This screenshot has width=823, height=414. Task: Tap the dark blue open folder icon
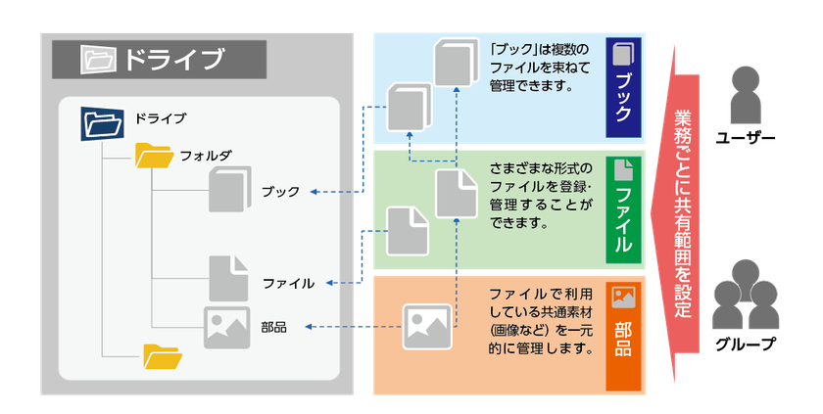(x=102, y=122)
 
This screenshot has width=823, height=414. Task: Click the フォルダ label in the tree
(x=206, y=156)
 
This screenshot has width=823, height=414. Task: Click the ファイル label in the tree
(x=288, y=283)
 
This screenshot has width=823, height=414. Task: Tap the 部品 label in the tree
(x=273, y=327)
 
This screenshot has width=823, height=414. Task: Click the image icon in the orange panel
(x=428, y=327)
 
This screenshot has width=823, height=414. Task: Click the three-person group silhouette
(x=747, y=294)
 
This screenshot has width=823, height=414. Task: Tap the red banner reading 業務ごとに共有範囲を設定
(x=685, y=210)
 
